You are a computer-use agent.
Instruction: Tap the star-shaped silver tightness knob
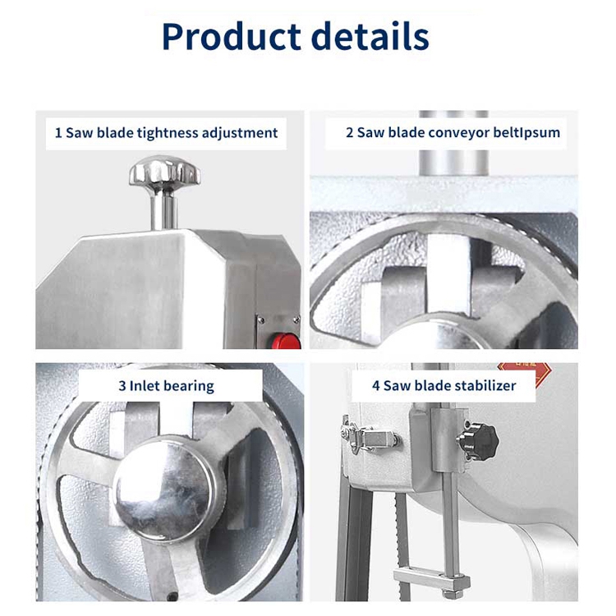(x=164, y=172)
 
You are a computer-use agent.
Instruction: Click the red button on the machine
(x=287, y=339)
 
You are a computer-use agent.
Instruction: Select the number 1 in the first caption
(x=58, y=132)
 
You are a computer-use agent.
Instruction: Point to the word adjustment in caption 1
(x=241, y=132)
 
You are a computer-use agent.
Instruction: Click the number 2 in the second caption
(x=349, y=132)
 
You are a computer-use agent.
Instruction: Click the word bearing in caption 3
(x=190, y=385)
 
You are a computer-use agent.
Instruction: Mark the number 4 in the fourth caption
(x=376, y=385)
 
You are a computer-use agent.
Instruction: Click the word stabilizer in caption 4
(x=485, y=385)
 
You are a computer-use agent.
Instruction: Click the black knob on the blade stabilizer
(x=478, y=440)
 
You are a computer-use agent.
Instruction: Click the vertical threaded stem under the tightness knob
(x=164, y=210)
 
